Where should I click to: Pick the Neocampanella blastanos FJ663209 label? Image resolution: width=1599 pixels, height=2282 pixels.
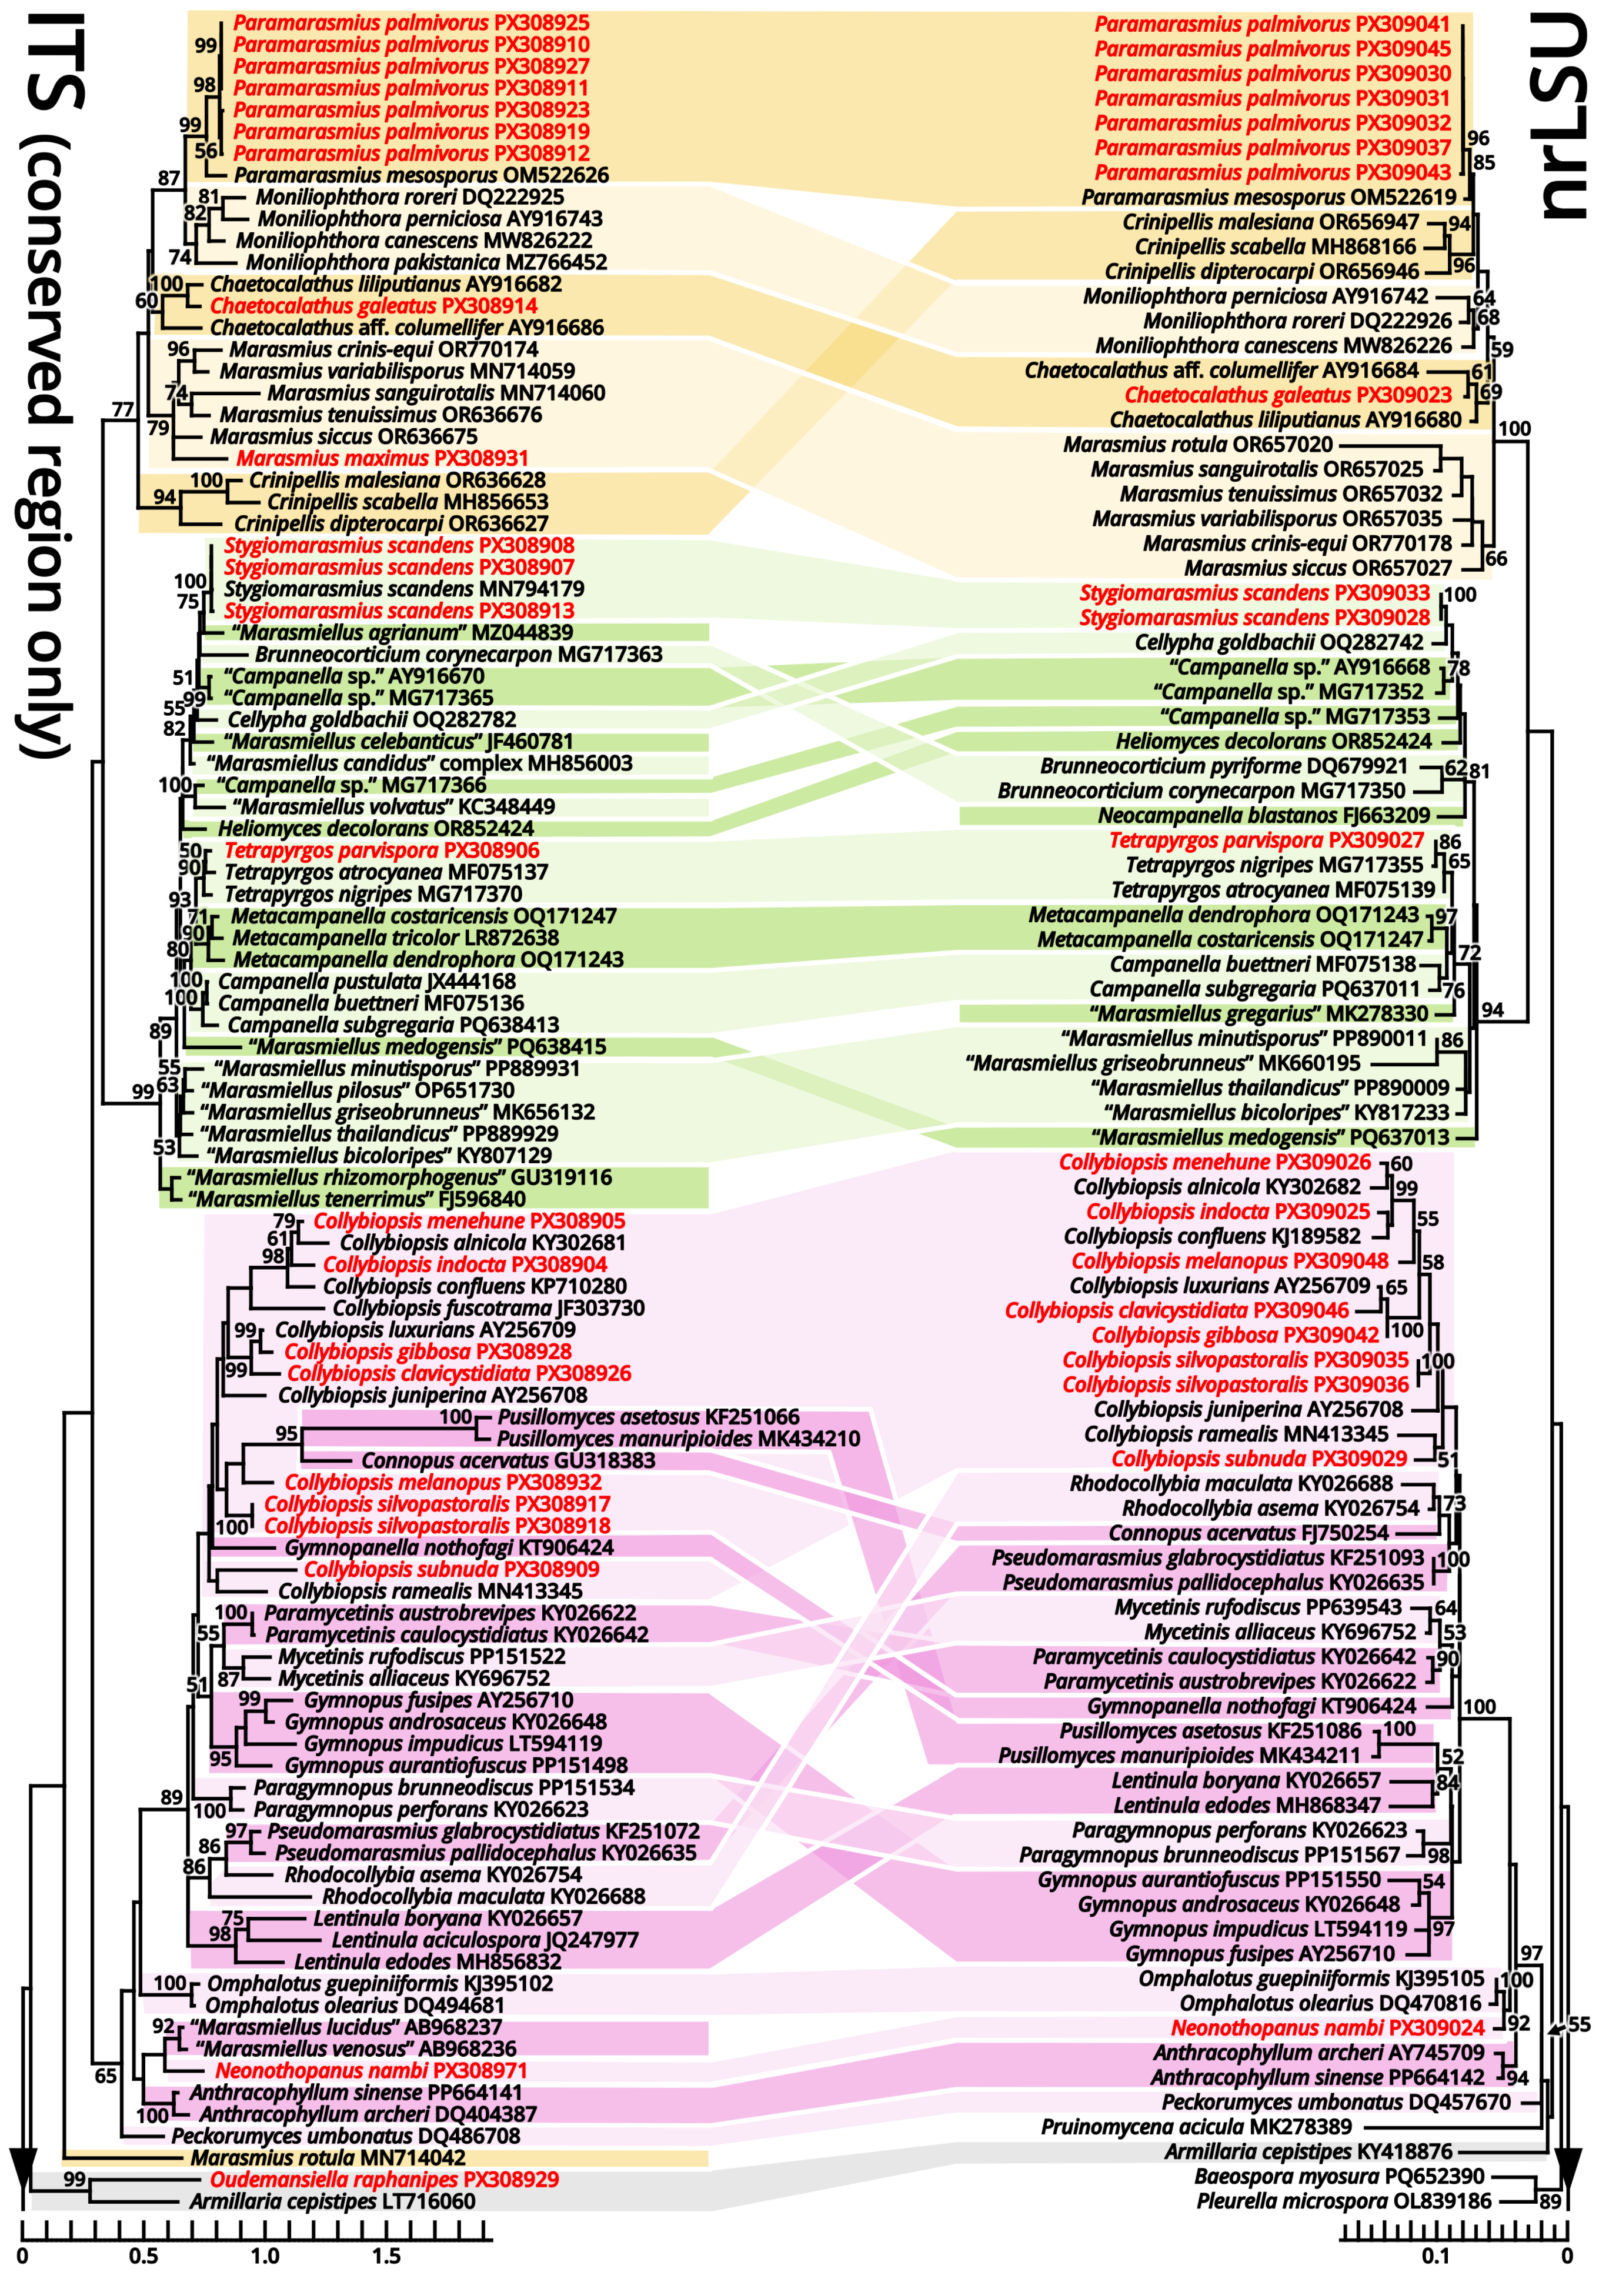coord(1264,815)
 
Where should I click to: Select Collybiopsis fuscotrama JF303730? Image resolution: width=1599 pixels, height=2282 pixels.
coord(488,1308)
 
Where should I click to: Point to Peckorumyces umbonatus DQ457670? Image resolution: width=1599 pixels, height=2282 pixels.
coord(1336,2102)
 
